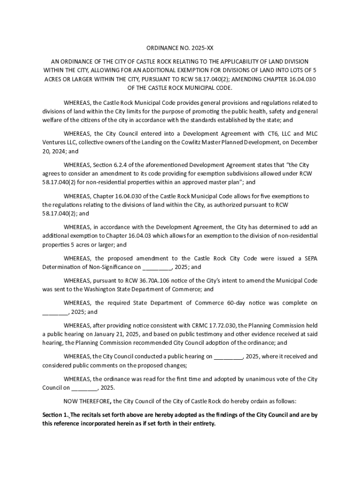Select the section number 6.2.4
click(123, 165)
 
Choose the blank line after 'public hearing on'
click(229, 357)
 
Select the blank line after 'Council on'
click(84, 388)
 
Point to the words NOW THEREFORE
click(86, 401)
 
